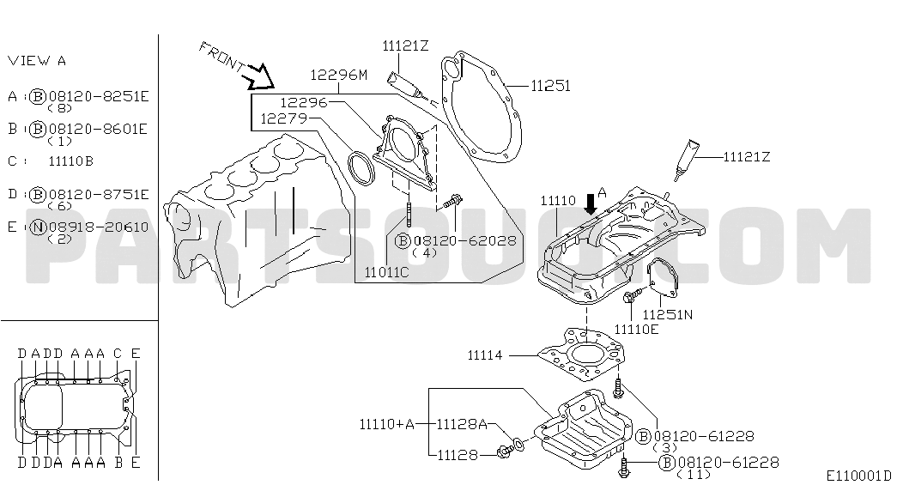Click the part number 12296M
click(x=338, y=75)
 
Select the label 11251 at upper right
click(x=550, y=86)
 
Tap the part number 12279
click(x=285, y=118)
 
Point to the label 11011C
click(x=386, y=272)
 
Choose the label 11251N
click(x=669, y=315)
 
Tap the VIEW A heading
click(x=37, y=61)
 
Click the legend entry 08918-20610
click(x=99, y=227)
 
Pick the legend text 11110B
click(x=71, y=161)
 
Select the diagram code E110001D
click(x=858, y=476)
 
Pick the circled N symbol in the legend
click(x=38, y=227)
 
